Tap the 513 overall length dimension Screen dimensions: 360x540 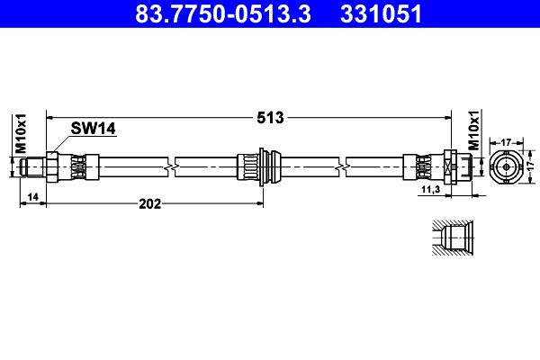[271, 117]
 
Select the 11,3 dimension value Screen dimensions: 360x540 [430, 191]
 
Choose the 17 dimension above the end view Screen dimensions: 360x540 [506, 141]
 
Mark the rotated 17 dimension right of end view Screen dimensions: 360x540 [532, 166]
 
